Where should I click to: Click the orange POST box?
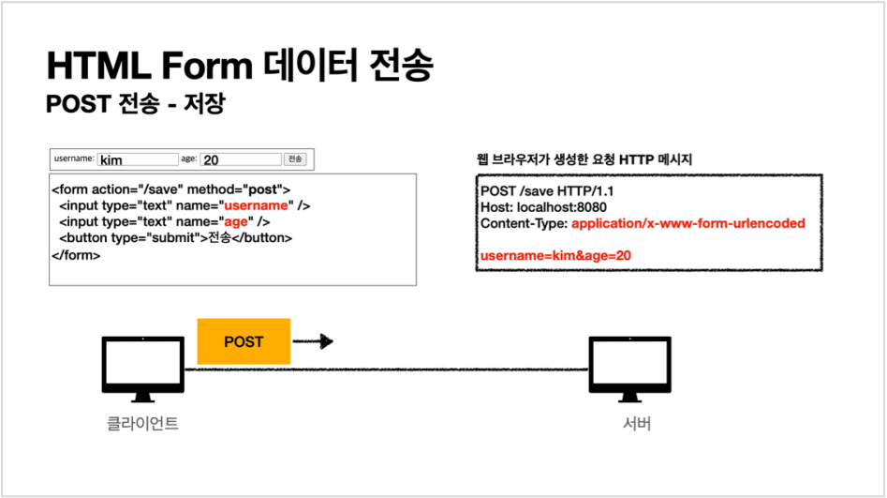[244, 341]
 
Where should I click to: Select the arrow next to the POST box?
[314, 341]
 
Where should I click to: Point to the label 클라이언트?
[142, 424]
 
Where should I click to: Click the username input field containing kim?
[138, 159]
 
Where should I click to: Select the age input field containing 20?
[240, 159]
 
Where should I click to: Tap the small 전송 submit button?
[295, 159]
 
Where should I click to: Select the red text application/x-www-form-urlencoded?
[687, 223]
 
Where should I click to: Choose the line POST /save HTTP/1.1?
[534, 191]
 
